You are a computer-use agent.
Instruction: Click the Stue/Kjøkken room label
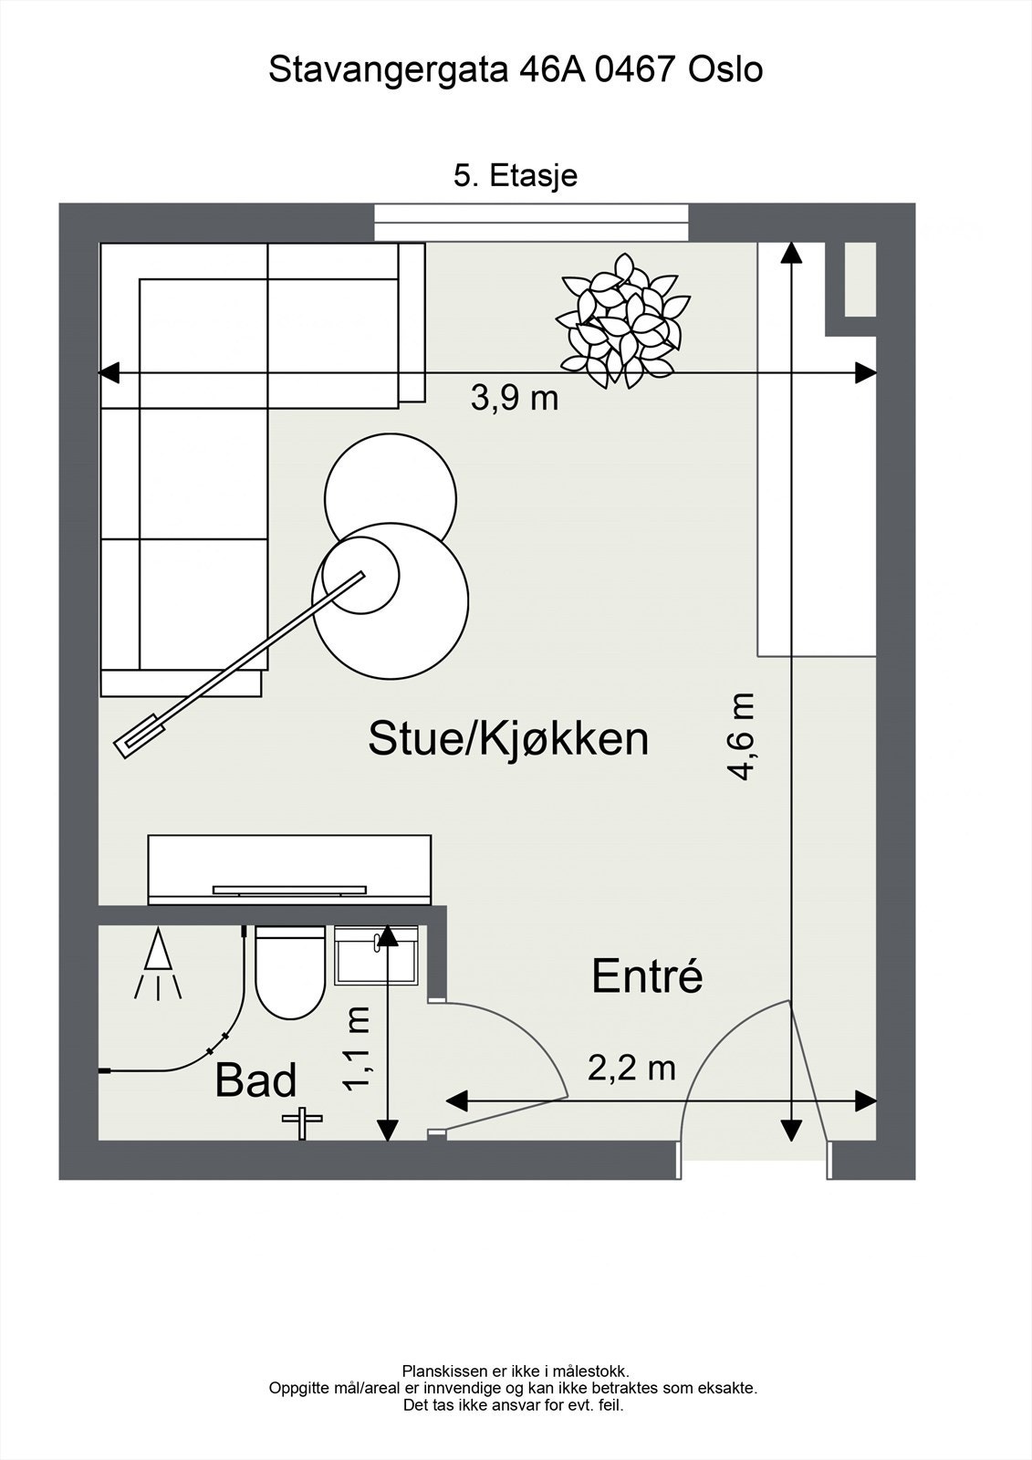tap(508, 739)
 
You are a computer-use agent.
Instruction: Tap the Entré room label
tap(647, 977)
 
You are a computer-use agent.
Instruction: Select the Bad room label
tap(256, 1080)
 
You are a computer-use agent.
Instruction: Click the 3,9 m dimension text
tap(514, 399)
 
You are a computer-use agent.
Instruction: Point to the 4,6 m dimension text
tap(741, 736)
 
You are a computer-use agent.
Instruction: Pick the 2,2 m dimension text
tap(631, 1068)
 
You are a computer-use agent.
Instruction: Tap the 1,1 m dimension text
tap(357, 1048)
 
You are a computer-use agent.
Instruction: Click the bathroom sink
tap(375, 956)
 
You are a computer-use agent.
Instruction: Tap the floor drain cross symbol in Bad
tap(302, 1120)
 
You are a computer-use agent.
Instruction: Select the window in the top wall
tap(531, 223)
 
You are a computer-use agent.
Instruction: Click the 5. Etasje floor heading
tap(516, 175)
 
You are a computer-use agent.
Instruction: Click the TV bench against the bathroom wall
tap(289, 868)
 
